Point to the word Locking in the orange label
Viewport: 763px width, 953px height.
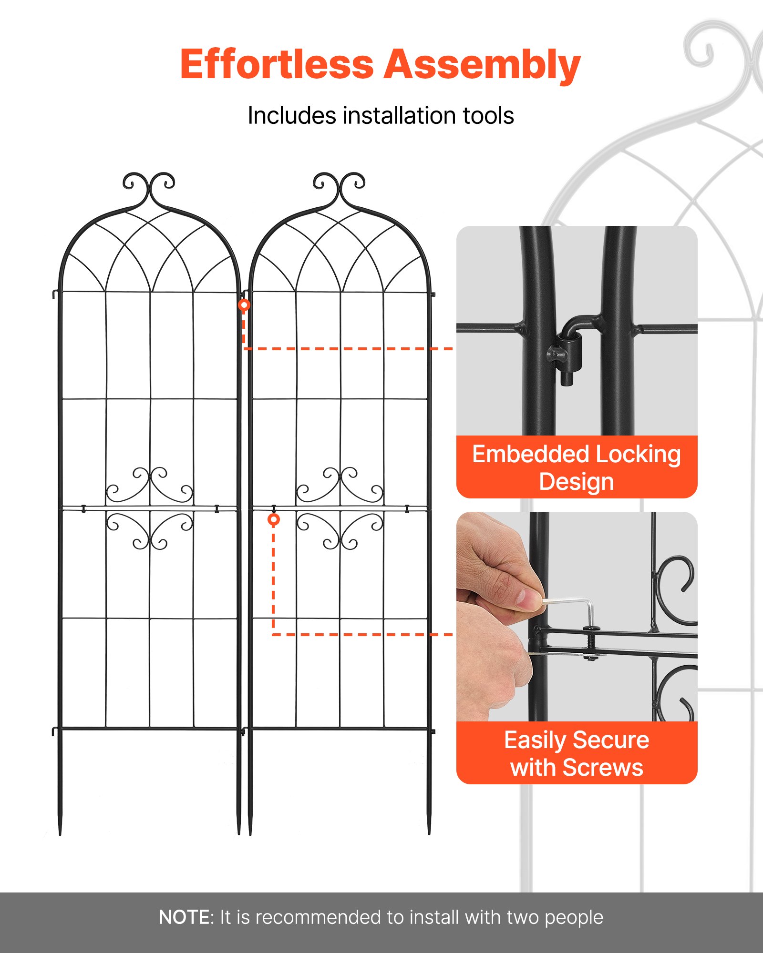pos(638,454)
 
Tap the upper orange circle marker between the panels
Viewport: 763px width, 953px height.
pos(244,305)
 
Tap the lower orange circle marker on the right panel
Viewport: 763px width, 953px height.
pos(274,519)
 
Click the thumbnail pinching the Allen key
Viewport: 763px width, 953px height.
pos(528,598)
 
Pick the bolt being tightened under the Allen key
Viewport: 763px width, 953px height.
pos(591,643)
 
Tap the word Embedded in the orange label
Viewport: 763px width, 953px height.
pos(530,454)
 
